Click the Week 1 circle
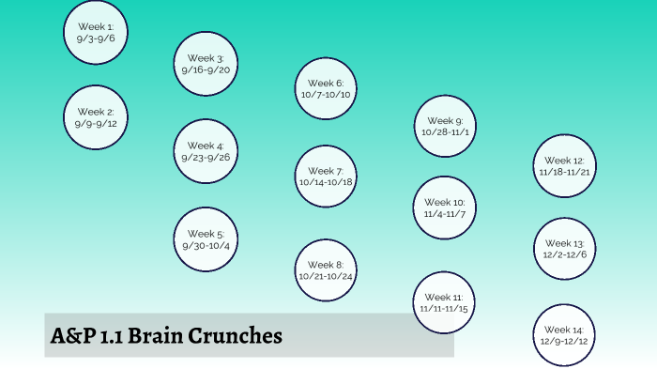(96, 33)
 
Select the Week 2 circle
(96, 118)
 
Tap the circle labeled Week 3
(206, 64)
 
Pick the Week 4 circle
(206, 151)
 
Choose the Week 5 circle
(206, 239)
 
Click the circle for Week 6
(326, 89)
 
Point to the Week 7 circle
(326, 177)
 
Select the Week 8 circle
(326, 270)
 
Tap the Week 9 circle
(445, 126)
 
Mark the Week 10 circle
(445, 208)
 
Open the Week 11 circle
(445, 302)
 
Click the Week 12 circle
(565, 166)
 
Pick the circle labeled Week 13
(565, 249)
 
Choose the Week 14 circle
(565, 335)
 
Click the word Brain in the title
(167, 335)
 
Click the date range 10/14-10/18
(326, 182)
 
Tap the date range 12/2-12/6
(565, 254)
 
